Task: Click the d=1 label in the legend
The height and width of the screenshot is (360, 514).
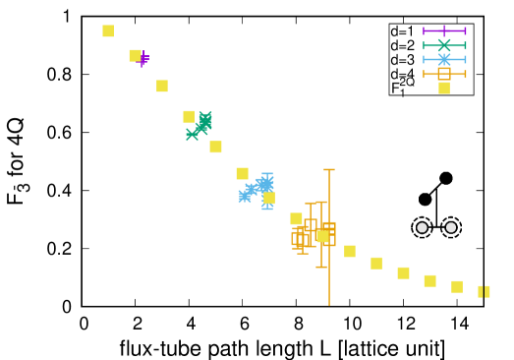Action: tap(402, 31)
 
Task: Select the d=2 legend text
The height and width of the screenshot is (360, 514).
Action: tap(402, 45)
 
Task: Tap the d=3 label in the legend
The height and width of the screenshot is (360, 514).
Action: tap(402, 60)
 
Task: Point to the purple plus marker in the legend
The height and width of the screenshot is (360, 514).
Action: tap(444, 31)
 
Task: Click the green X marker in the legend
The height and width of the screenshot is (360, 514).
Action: tap(444, 45)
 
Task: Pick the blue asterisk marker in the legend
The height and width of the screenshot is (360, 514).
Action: tap(444, 60)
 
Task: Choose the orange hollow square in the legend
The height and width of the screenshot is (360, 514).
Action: tap(444, 74)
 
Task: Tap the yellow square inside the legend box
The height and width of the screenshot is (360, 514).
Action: tap(444, 88)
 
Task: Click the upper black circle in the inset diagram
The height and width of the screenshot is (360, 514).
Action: tap(446, 178)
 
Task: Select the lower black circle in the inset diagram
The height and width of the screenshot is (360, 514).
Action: tap(426, 199)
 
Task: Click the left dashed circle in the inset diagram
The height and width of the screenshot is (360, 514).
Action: tap(423, 227)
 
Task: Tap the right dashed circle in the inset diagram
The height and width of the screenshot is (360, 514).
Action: tap(451, 227)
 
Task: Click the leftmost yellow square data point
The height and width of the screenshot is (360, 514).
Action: tap(108, 31)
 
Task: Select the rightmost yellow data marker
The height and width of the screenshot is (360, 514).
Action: tap(484, 291)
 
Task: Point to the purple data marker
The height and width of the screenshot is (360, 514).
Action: tap(144, 59)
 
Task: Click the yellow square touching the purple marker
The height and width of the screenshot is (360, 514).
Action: tap(135, 56)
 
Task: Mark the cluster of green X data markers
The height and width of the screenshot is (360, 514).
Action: tap(200, 125)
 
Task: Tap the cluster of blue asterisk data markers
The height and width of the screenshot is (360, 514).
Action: tap(257, 188)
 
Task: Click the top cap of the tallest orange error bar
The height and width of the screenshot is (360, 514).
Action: tap(329, 170)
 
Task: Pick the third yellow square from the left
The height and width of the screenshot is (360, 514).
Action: tap(162, 87)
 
